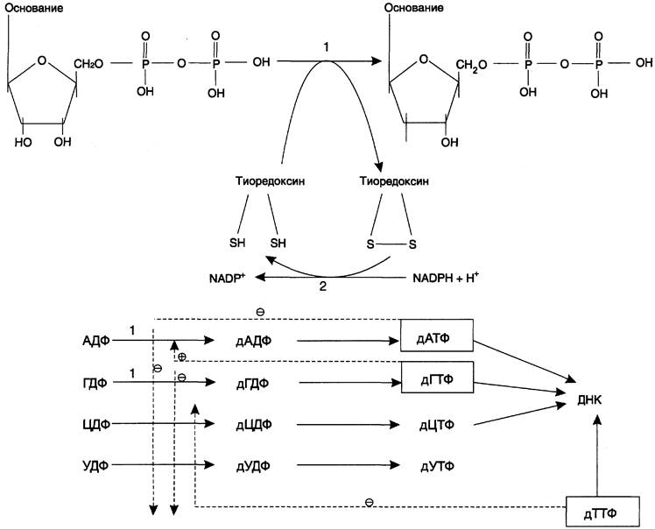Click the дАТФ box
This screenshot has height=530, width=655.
point(437,336)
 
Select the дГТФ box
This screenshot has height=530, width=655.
point(437,378)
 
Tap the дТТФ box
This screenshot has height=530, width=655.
point(602,512)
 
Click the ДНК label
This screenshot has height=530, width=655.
point(589,400)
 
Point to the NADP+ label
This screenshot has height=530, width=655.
point(227,278)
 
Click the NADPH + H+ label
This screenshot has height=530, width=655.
point(446,278)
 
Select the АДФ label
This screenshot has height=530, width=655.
point(96,341)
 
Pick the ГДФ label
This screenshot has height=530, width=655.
point(95,383)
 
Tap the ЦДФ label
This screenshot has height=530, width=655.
point(96,424)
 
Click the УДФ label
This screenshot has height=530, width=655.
point(95,465)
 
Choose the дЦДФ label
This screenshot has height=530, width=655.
point(254,425)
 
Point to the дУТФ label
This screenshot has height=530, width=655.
point(437,466)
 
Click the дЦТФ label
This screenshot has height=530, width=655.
point(437,425)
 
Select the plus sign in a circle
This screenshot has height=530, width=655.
point(182,357)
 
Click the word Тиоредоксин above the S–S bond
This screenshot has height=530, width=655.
point(394,181)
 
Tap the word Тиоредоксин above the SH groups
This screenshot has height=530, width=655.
point(270,181)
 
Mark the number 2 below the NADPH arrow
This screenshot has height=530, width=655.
point(322,286)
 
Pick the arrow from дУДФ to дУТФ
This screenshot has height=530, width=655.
point(349,464)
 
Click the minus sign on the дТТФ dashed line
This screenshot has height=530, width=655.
point(370,502)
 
